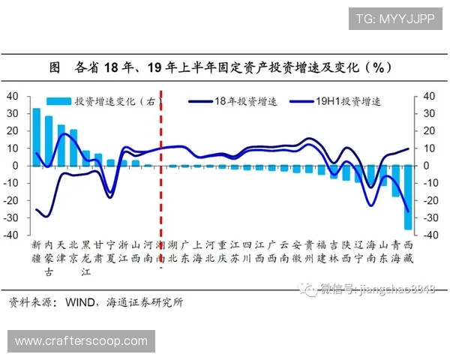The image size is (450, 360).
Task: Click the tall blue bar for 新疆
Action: [36, 136]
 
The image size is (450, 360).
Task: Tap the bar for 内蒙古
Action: [49, 140]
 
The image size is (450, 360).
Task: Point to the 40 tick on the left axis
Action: [12, 96]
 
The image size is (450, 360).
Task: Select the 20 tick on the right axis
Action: [429, 131]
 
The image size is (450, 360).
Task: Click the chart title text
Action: [224, 67]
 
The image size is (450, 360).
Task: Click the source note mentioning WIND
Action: [95, 303]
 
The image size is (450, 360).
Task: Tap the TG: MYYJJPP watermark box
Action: [394, 19]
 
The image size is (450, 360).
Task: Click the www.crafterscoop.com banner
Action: [81, 341]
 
